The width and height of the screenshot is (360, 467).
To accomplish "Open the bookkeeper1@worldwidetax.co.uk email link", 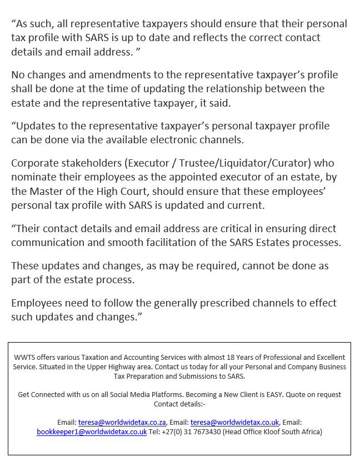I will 92,431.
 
